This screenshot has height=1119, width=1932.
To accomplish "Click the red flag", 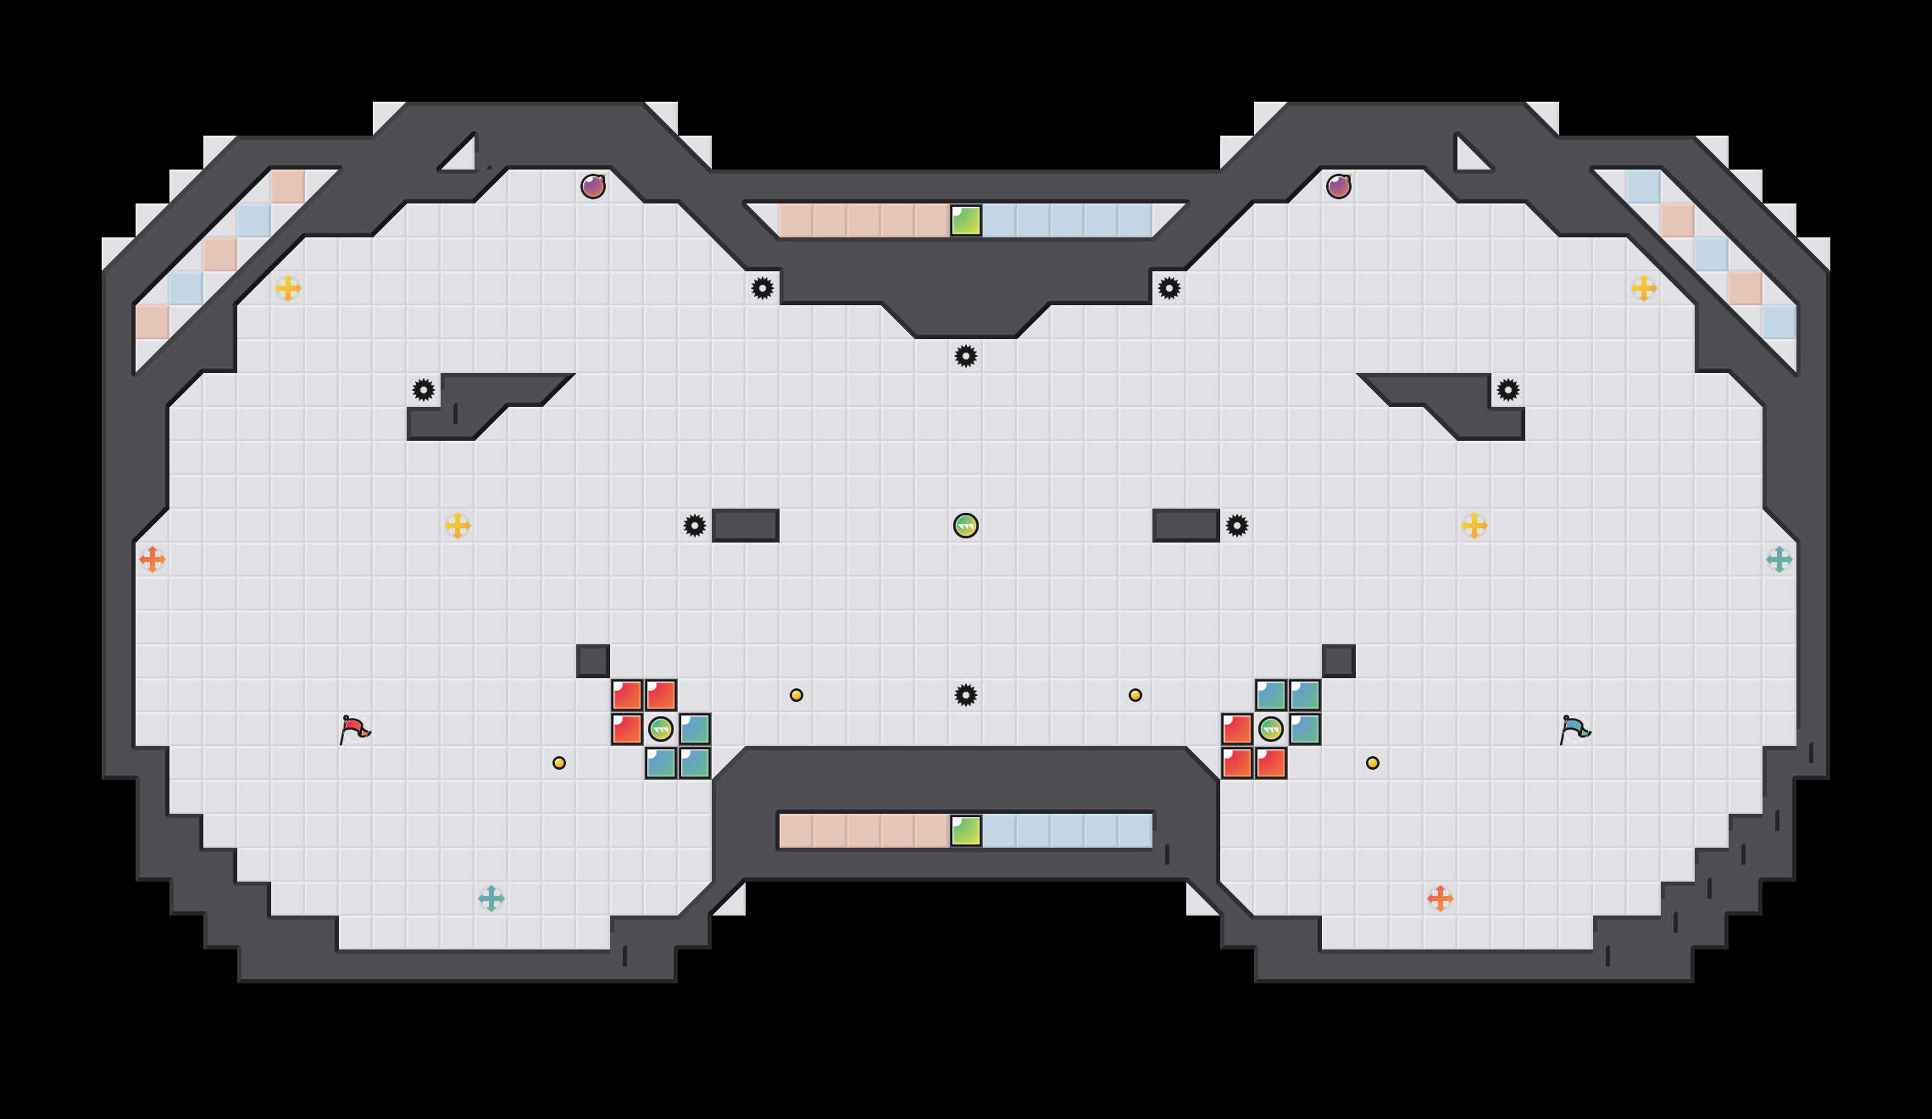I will (354, 728).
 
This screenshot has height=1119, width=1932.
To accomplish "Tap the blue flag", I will (1574, 728).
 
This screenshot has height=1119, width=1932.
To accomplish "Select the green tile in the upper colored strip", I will (966, 220).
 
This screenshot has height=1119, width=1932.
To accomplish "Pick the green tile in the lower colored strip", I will (966, 831).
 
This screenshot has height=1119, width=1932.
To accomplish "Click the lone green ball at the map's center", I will (966, 526).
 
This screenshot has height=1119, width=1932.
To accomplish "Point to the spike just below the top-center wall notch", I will (966, 356).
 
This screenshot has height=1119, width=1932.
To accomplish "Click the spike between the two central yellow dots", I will (966, 695).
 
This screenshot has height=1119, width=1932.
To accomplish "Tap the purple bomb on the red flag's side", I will (593, 186).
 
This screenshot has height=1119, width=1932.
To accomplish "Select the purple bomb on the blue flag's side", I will (1339, 186).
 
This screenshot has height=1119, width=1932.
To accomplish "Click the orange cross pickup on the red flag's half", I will (153, 559).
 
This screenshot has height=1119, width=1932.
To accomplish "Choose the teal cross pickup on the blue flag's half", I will (1779, 559).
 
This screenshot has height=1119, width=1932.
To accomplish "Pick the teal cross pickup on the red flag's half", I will (491, 899).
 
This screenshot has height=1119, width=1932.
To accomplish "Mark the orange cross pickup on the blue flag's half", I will (1441, 899).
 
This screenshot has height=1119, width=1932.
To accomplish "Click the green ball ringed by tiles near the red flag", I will (661, 729).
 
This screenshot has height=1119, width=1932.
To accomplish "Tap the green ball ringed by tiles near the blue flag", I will (1271, 729).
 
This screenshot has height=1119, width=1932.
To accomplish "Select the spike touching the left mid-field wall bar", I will (695, 526).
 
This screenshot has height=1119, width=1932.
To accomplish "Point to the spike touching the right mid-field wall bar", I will (1237, 526).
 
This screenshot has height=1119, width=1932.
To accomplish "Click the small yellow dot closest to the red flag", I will (559, 763).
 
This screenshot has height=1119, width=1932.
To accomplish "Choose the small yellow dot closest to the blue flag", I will (1373, 763).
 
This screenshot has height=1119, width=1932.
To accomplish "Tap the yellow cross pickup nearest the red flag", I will (458, 526).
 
